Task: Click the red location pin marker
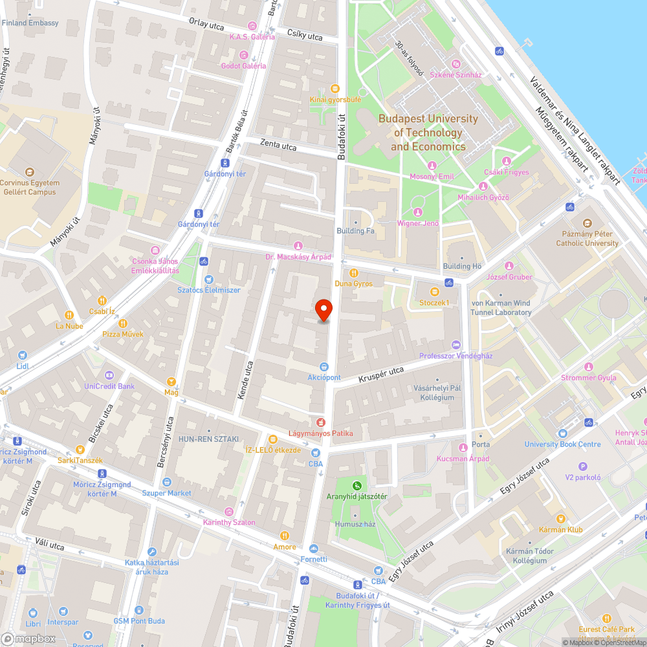click(x=323, y=310)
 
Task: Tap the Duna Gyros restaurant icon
click(x=353, y=273)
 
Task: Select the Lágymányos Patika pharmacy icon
click(x=320, y=422)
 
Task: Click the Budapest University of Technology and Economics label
click(x=428, y=133)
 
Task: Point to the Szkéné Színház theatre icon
click(x=457, y=63)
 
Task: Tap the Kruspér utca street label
click(x=380, y=374)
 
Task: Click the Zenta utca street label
click(x=278, y=146)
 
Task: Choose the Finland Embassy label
click(x=30, y=23)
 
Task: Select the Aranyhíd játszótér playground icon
click(x=356, y=485)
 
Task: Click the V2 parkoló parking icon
click(x=583, y=466)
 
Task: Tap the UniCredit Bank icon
click(x=109, y=375)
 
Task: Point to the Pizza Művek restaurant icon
click(x=123, y=323)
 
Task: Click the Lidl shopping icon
click(x=23, y=355)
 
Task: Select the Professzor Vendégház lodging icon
click(x=456, y=345)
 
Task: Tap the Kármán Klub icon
click(x=560, y=518)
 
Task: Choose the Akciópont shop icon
click(x=324, y=366)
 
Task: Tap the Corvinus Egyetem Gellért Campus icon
click(x=29, y=172)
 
